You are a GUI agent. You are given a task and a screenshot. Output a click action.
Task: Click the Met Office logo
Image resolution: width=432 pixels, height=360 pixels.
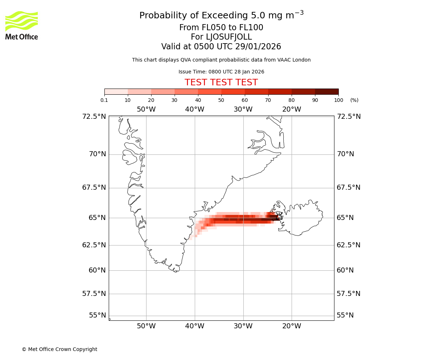click(22, 25)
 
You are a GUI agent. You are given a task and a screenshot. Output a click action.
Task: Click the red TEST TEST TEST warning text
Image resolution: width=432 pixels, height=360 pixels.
click(221, 82)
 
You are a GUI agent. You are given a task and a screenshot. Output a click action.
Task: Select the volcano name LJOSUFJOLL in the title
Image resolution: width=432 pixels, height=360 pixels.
click(221, 37)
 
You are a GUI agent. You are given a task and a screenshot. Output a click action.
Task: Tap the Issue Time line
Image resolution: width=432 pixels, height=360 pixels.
click(221, 72)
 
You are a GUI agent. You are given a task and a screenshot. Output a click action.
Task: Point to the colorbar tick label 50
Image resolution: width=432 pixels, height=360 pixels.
click(221, 100)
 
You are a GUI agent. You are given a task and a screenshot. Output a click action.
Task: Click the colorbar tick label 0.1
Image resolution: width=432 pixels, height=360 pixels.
click(104, 100)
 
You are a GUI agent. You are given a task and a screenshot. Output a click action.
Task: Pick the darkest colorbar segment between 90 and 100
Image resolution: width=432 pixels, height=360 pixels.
click(327, 91)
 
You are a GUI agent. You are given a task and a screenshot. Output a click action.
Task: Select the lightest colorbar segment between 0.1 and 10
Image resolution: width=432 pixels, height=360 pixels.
click(116, 91)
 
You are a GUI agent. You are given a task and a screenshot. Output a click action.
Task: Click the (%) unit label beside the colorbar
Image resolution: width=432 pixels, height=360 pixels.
click(354, 100)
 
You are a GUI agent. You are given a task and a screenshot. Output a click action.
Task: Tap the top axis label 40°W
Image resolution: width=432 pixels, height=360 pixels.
click(194, 109)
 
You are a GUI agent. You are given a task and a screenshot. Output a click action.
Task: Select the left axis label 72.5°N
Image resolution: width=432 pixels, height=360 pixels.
click(94, 117)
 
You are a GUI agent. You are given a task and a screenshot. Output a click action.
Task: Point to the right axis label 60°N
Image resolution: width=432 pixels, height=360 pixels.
click(345, 270)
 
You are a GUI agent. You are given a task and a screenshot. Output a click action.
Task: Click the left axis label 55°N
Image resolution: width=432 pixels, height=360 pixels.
click(98, 315)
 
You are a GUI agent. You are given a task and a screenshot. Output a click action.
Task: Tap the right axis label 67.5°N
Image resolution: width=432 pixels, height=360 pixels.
click(348, 188)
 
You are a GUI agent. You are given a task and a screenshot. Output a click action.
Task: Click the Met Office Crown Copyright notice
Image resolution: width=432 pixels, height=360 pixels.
click(59, 349)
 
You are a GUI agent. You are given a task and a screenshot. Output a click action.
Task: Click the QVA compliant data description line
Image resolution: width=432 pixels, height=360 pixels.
click(221, 60)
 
